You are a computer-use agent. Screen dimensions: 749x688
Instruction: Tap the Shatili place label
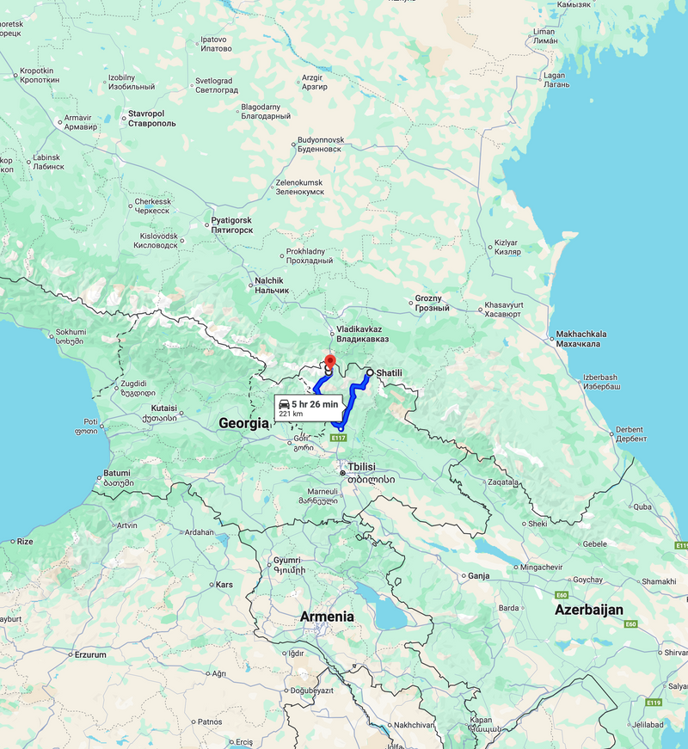click(x=390, y=372)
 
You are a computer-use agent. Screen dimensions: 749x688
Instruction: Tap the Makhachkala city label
click(x=581, y=339)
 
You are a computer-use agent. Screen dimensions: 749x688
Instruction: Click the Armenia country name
click(x=326, y=617)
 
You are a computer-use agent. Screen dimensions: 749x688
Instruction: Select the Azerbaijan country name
click(x=588, y=610)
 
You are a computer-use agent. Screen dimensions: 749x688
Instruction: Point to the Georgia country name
click(x=244, y=423)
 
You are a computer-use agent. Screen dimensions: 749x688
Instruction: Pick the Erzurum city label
click(x=89, y=654)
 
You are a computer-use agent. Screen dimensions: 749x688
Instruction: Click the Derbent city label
click(x=630, y=433)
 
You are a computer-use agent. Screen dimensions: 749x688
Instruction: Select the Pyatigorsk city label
click(x=231, y=225)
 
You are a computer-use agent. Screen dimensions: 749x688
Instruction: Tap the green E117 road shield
click(x=340, y=438)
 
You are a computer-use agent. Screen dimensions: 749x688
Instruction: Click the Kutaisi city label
click(x=163, y=413)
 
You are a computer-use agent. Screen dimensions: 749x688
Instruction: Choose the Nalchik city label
click(x=272, y=285)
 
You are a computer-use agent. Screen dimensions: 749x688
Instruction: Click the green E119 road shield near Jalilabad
click(x=654, y=703)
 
